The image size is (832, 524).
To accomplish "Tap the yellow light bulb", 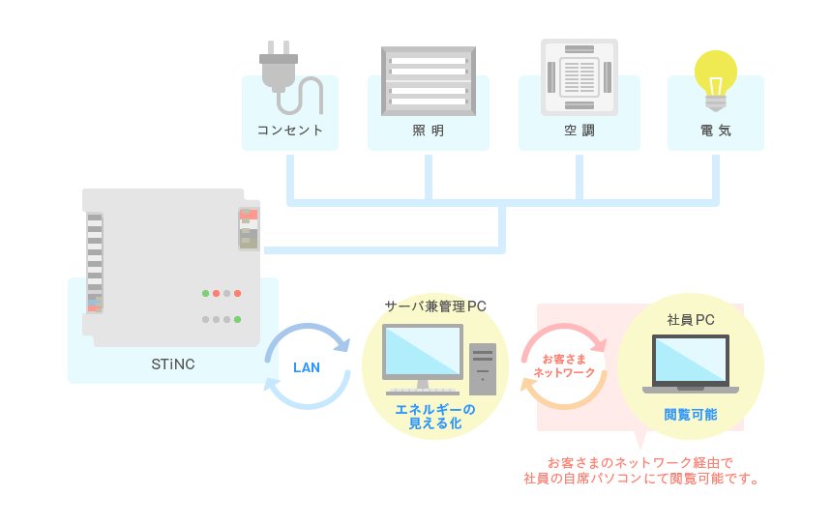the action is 715,79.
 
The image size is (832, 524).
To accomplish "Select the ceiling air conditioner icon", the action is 579,77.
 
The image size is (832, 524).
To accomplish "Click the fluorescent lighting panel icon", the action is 429,80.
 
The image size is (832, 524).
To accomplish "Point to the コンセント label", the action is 289,131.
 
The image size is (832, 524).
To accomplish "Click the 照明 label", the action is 429,131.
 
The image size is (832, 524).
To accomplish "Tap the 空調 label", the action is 579,131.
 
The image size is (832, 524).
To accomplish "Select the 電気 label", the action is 716,131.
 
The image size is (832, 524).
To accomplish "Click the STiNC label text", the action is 173,364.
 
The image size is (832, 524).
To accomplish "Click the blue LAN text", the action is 307,367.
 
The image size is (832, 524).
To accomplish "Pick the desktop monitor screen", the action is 423,352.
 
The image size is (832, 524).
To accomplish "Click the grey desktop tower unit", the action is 483,369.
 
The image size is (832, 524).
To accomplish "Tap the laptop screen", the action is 691,360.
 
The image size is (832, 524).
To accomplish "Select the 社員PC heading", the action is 691,320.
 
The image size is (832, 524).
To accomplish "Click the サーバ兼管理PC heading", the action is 435,306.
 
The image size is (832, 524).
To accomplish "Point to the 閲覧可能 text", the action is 691,414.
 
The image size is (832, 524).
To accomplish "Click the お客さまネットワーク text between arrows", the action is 564,366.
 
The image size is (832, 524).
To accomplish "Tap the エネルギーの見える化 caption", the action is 435,417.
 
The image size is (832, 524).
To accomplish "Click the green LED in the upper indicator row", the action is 205,293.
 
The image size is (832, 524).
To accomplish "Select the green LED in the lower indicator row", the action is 237,319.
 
